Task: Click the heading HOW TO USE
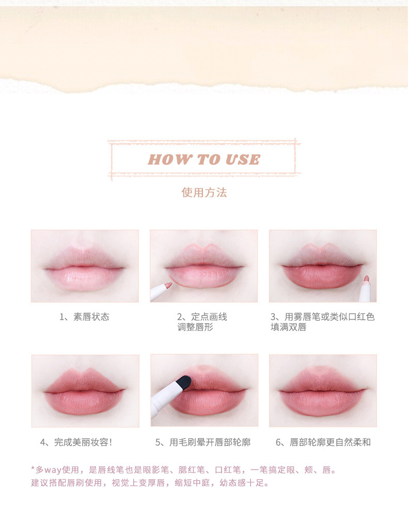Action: [x=204, y=160]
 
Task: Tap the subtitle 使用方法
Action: [x=204, y=192]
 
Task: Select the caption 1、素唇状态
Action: [x=84, y=317]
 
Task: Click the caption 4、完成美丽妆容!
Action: [x=76, y=443]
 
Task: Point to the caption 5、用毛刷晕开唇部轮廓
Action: [x=203, y=443]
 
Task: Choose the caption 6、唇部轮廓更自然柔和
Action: [x=323, y=443]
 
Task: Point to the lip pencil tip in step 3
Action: [x=366, y=279]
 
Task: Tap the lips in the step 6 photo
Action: [x=322, y=391]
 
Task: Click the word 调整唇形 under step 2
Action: [x=195, y=327]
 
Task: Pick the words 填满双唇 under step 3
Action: [x=289, y=327]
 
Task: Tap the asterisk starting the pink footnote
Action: [x=33, y=468]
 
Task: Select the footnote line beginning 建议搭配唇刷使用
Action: [x=150, y=482]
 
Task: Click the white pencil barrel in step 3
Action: [x=365, y=292]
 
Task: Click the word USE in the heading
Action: [x=243, y=160]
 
